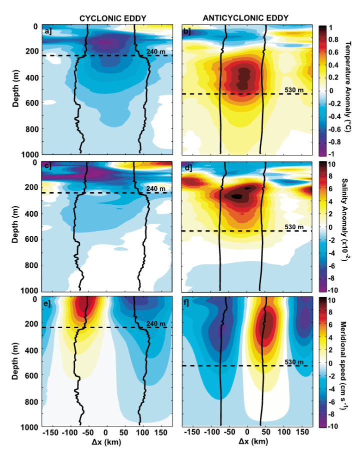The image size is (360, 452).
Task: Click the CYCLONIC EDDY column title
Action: [x=112, y=18]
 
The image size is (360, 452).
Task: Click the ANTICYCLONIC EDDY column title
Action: [x=246, y=18]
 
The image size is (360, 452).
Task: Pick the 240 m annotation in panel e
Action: [x=155, y=323]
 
